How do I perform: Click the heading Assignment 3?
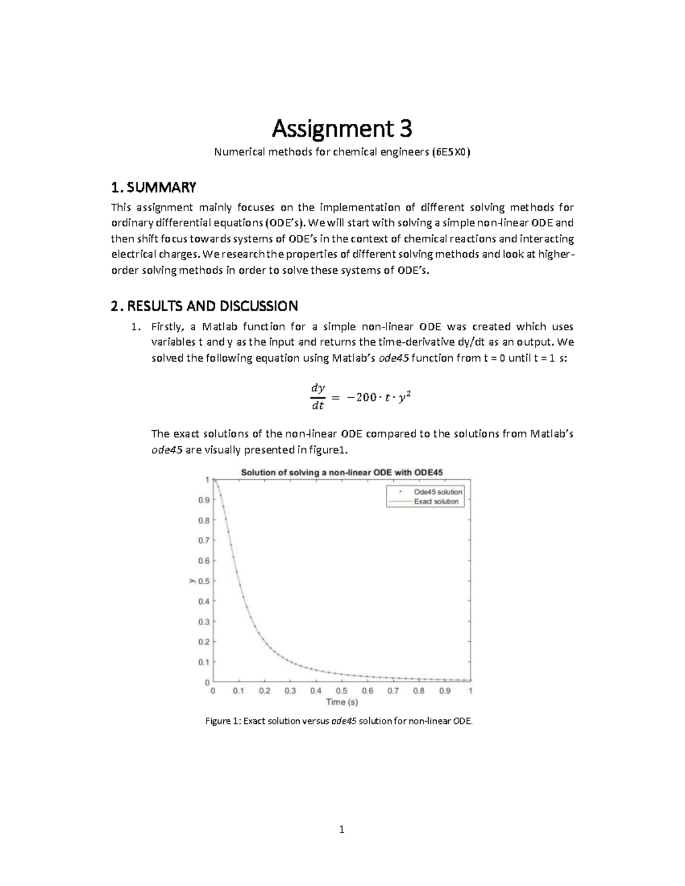click(341, 130)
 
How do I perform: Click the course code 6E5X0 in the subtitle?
click(452, 152)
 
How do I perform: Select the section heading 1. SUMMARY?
click(154, 187)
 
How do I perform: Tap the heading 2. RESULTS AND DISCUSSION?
click(204, 306)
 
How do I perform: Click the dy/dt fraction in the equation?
click(317, 397)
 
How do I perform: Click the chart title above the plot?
click(342, 472)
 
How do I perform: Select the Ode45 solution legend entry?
click(438, 492)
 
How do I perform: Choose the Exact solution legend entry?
click(436, 501)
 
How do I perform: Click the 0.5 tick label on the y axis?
click(203, 581)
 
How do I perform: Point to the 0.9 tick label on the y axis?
click(203, 500)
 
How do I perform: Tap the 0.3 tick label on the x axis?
click(290, 691)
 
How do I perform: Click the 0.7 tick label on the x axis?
click(393, 691)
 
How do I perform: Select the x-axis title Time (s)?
click(342, 702)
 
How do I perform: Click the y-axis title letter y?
click(191, 581)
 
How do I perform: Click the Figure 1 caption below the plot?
click(339, 721)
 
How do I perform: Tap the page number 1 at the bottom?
click(341, 830)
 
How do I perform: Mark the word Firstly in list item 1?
click(167, 327)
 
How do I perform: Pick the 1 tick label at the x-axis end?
click(470, 691)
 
